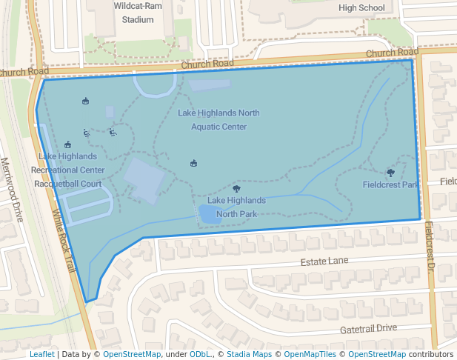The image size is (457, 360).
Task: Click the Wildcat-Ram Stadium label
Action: tap(134, 13)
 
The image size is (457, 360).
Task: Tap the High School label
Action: tap(361, 8)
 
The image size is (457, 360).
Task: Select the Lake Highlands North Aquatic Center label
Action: tap(219, 120)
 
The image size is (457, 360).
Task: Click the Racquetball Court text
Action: tap(68, 184)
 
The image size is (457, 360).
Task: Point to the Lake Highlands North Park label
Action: tap(236, 207)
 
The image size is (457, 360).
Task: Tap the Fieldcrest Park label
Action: tap(390, 184)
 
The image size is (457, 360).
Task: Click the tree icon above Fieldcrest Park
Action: tap(390, 172)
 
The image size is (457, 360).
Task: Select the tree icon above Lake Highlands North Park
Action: tap(236, 190)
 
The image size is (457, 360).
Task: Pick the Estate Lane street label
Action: tap(324, 262)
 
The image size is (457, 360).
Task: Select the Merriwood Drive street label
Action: tap(12, 189)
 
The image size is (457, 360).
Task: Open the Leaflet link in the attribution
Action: tap(41, 354)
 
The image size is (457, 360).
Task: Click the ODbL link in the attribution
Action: tap(200, 354)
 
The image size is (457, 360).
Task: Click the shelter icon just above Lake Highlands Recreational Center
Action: tap(67, 144)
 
